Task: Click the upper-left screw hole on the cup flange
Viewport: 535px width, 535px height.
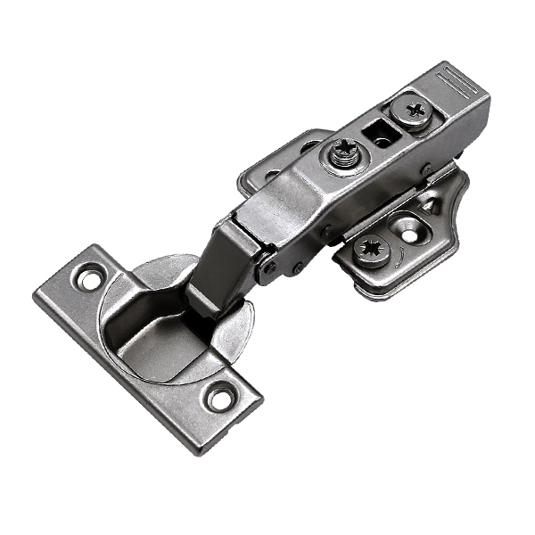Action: [x=88, y=277]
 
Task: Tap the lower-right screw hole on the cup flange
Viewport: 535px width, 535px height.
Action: [x=219, y=397]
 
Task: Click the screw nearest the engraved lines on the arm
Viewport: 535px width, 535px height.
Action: [x=415, y=113]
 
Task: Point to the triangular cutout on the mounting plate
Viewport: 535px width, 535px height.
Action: [x=428, y=205]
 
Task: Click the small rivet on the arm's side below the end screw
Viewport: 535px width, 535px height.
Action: [x=426, y=169]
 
